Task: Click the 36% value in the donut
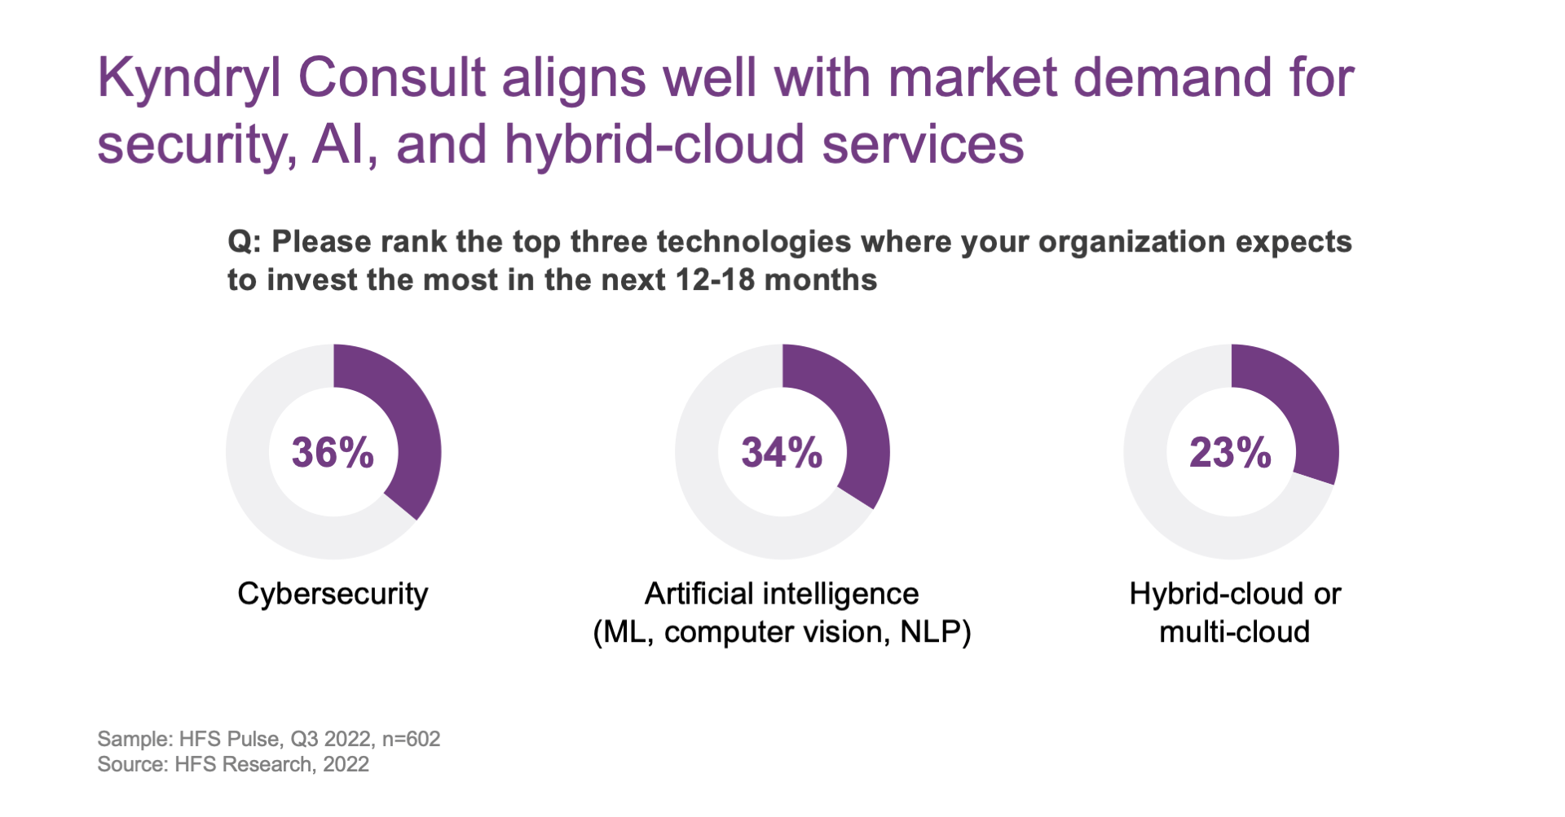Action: point(333,453)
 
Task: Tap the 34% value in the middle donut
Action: point(782,453)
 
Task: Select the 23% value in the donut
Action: point(1230,453)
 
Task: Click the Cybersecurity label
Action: point(333,594)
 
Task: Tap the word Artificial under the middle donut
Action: point(698,594)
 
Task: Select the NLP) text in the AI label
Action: point(935,632)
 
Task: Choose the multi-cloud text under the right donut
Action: point(1234,632)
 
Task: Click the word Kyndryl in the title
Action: point(189,80)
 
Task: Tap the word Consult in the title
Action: point(392,78)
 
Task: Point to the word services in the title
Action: point(923,145)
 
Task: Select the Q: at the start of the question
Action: point(244,243)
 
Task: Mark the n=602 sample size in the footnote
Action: point(411,739)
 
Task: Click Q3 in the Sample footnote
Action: point(304,739)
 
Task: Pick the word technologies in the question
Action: point(753,243)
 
